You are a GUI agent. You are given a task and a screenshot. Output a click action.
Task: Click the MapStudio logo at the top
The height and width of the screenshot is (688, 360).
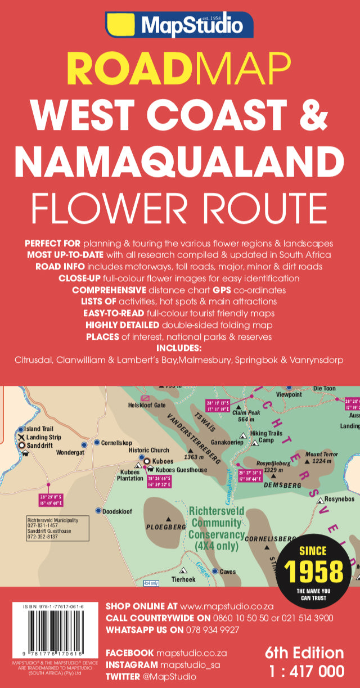(x=179, y=24)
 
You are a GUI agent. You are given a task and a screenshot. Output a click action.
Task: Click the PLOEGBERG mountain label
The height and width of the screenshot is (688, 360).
(x=166, y=527)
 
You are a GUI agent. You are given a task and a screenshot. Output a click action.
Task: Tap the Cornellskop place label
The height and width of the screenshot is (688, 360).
(x=116, y=443)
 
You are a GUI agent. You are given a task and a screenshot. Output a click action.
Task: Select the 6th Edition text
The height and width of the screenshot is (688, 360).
(x=304, y=653)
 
